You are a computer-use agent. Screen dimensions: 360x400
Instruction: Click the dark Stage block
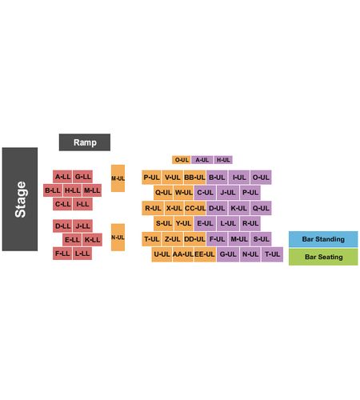click(x=20, y=199)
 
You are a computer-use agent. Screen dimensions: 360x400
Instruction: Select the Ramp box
click(x=85, y=142)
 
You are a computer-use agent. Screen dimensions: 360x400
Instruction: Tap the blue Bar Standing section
click(x=323, y=239)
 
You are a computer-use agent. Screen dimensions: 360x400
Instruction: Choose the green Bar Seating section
click(x=323, y=257)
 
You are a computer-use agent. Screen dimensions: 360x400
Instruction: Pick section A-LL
click(x=62, y=177)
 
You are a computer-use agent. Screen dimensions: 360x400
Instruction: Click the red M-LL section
click(x=92, y=190)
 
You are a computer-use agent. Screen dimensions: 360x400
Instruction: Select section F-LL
click(x=62, y=254)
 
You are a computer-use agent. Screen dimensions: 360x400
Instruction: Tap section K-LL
click(x=92, y=240)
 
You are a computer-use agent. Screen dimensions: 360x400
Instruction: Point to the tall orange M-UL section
click(x=118, y=178)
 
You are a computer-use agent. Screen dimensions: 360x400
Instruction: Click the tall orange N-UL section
click(x=118, y=238)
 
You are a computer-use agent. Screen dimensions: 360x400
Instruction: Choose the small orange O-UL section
click(x=182, y=160)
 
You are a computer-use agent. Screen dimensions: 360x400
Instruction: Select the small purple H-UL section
click(x=223, y=160)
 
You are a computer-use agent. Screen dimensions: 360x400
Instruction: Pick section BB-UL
click(x=194, y=178)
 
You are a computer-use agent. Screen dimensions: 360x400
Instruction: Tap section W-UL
click(x=183, y=193)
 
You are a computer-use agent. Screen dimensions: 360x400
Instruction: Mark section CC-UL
click(x=195, y=208)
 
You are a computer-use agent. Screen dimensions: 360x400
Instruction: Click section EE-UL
click(x=205, y=254)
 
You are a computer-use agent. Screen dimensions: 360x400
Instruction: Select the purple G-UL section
click(x=228, y=254)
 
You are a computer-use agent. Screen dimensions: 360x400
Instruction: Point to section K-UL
click(x=238, y=208)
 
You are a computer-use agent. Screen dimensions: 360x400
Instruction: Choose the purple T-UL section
click(x=272, y=254)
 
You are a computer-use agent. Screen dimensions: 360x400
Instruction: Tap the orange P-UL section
click(x=151, y=178)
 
